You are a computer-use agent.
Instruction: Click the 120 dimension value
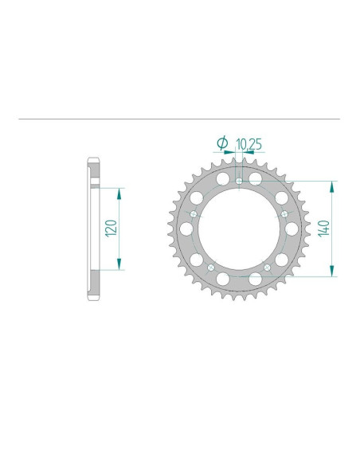112,229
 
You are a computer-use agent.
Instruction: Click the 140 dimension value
323,229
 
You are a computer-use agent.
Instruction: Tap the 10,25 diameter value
248,143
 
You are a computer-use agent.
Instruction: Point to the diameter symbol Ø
223,143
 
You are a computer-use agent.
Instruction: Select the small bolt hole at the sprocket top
241,182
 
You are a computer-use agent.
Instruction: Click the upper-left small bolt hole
194,214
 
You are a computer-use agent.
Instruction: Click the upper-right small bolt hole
286,214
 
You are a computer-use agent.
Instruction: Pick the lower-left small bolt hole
211,268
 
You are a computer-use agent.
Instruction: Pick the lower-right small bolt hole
268,268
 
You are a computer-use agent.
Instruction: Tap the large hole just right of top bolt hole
256,178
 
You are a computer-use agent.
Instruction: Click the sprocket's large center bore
240,231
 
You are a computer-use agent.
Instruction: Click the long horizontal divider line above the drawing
179,120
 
